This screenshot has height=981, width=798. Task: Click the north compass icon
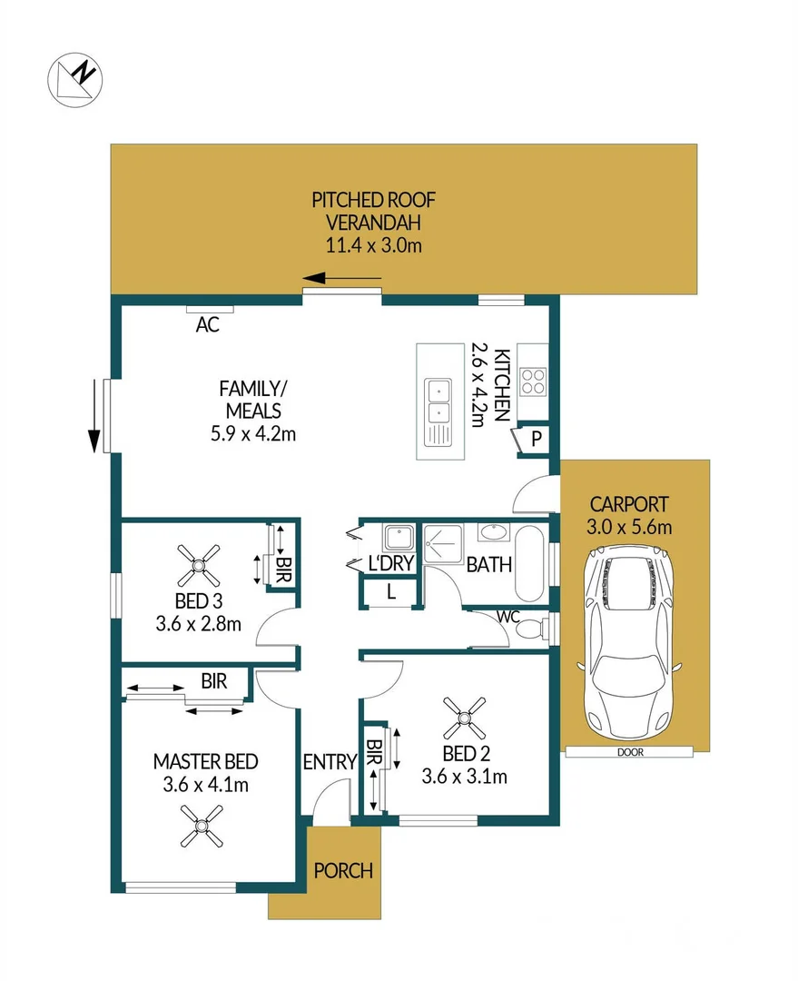pyautogui.click(x=75, y=79)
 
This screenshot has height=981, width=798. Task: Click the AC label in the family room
pyautogui.click(x=208, y=324)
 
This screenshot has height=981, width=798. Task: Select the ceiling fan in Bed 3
pyautogui.click(x=198, y=565)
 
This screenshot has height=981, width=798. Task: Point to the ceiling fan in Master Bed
pyautogui.click(x=201, y=827)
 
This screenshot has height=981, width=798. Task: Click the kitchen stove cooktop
pyautogui.click(x=533, y=381)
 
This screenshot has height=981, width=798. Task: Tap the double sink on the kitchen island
pyautogui.click(x=438, y=411)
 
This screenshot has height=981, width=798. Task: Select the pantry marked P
pyautogui.click(x=535, y=439)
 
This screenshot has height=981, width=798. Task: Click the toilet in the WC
pyautogui.click(x=537, y=629)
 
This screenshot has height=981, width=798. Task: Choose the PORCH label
pyautogui.click(x=343, y=871)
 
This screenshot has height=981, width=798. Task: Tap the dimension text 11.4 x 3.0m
pyautogui.click(x=374, y=244)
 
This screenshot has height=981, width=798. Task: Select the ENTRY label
pyautogui.click(x=330, y=763)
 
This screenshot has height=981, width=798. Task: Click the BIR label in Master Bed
pyautogui.click(x=214, y=681)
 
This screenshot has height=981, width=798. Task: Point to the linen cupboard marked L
pyautogui.click(x=389, y=592)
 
